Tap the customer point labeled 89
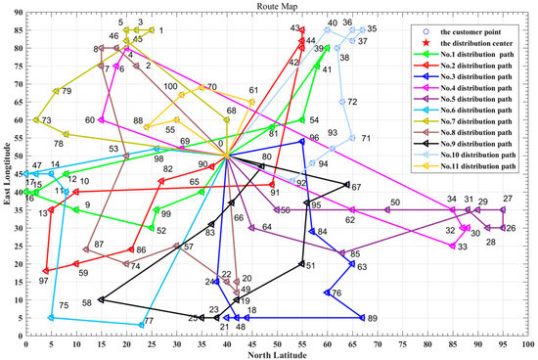362,317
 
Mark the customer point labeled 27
503,209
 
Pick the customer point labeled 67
346,184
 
